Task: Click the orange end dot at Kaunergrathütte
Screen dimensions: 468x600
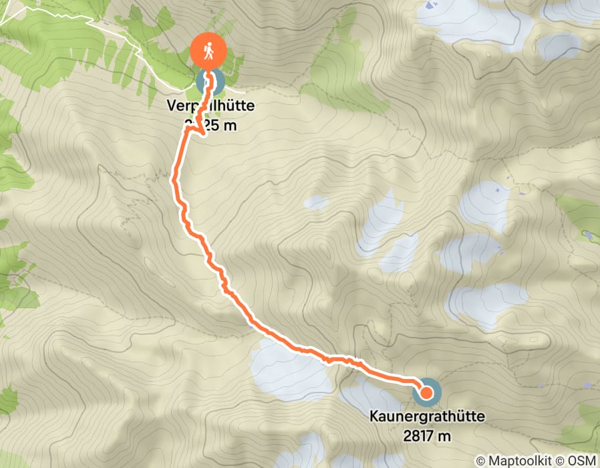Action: (x=426, y=392)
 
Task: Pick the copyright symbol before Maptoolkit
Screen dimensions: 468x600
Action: (x=481, y=461)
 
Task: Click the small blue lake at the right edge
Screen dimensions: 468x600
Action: (x=588, y=235)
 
